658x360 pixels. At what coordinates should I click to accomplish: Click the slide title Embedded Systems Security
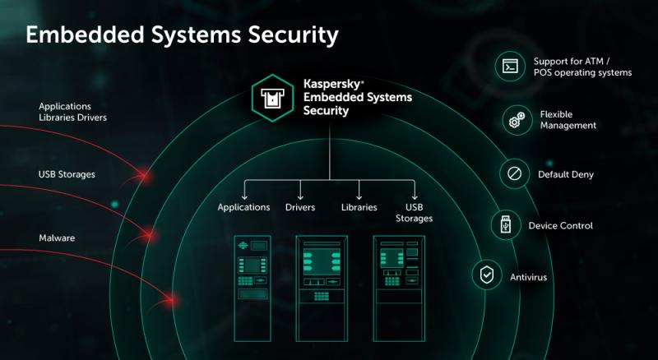(182, 35)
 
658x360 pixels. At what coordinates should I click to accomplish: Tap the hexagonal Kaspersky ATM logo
(273, 98)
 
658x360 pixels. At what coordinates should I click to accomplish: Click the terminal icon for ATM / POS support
(510, 67)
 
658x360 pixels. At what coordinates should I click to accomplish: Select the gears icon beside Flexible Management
(517, 120)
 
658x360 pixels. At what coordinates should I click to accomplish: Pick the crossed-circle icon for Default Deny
(515, 173)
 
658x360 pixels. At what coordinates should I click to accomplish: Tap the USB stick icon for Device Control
(506, 225)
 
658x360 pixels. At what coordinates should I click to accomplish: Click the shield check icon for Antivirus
(487, 275)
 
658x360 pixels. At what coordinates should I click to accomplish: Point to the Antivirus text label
(528, 277)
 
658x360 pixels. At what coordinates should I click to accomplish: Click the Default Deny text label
(566, 174)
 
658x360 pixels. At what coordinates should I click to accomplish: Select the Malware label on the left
(57, 238)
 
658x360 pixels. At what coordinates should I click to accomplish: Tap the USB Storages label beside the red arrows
(67, 174)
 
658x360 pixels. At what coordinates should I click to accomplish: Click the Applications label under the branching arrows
(243, 207)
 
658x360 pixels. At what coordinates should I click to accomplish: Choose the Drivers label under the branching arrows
(300, 207)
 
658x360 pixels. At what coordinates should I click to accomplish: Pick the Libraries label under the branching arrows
(359, 207)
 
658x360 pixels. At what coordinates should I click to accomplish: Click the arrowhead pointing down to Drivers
(300, 196)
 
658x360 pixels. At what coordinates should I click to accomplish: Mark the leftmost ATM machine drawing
(253, 288)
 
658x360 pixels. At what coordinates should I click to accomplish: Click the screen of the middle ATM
(322, 261)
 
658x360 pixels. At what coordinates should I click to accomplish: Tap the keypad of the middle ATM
(322, 297)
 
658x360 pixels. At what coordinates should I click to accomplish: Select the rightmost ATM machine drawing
(399, 288)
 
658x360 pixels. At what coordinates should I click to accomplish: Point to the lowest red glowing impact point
(173, 300)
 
